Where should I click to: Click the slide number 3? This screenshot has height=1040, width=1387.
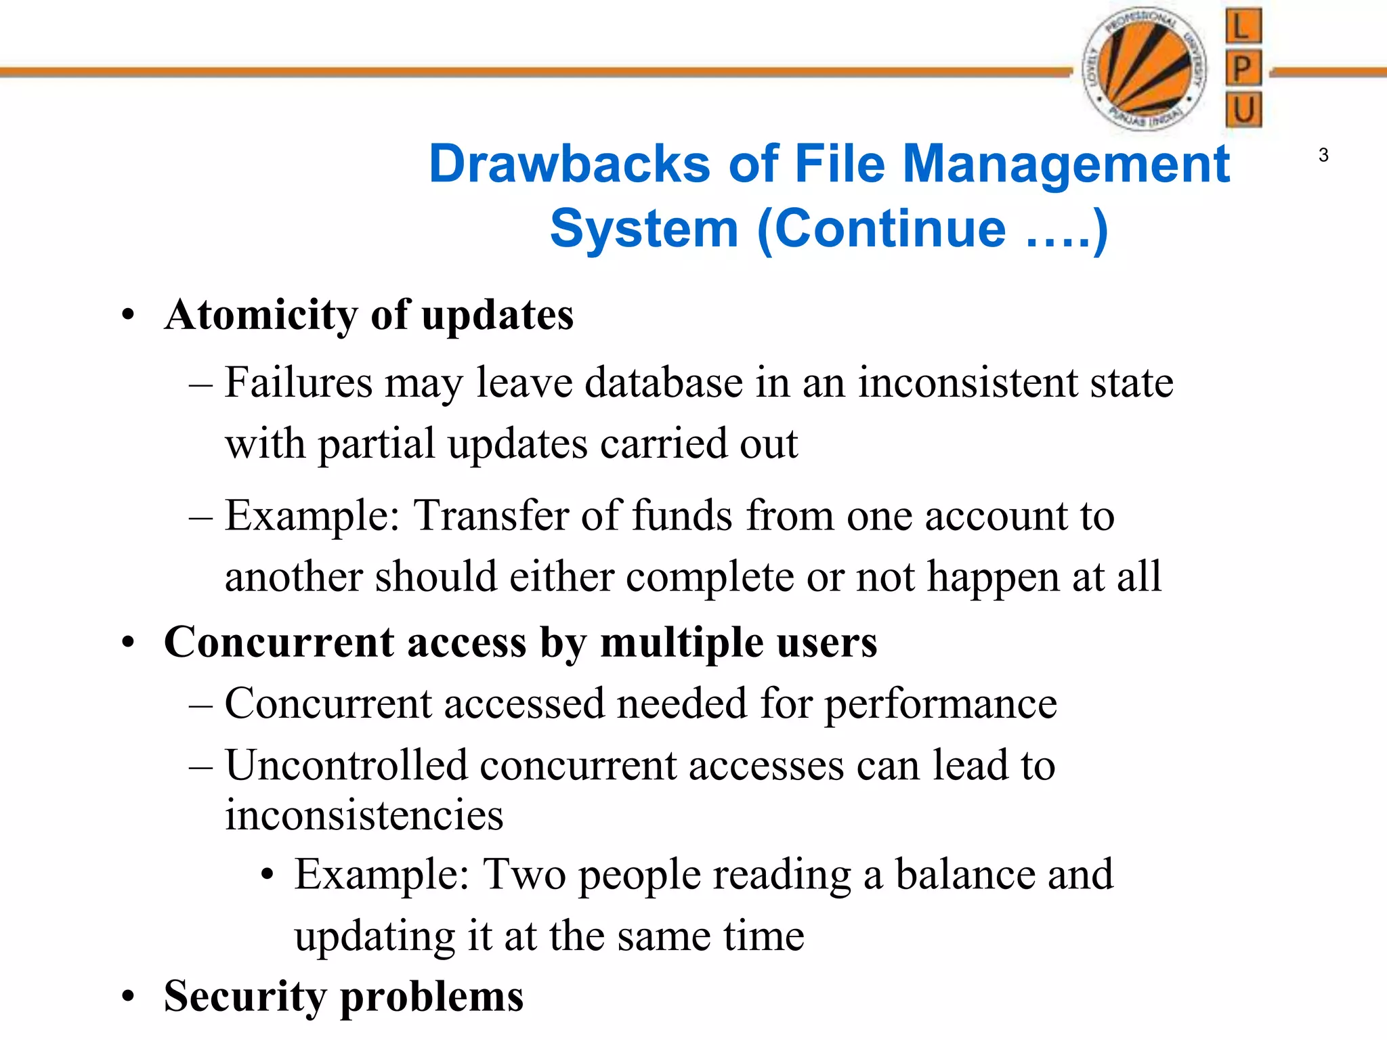tap(1323, 156)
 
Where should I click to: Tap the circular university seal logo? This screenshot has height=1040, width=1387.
tap(1144, 69)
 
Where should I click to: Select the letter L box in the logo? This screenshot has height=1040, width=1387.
tap(1243, 26)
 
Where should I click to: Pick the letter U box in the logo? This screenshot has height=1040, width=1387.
tap(1243, 110)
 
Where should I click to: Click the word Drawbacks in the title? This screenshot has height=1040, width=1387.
tap(570, 165)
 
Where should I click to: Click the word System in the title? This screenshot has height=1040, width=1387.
tap(643, 229)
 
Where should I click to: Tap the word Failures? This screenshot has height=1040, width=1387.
tap(299, 383)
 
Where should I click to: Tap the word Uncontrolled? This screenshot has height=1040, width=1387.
tap(346, 766)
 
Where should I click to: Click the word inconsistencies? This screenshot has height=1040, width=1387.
tap(364, 815)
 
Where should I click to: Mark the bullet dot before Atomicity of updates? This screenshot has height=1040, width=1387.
tap(129, 316)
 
